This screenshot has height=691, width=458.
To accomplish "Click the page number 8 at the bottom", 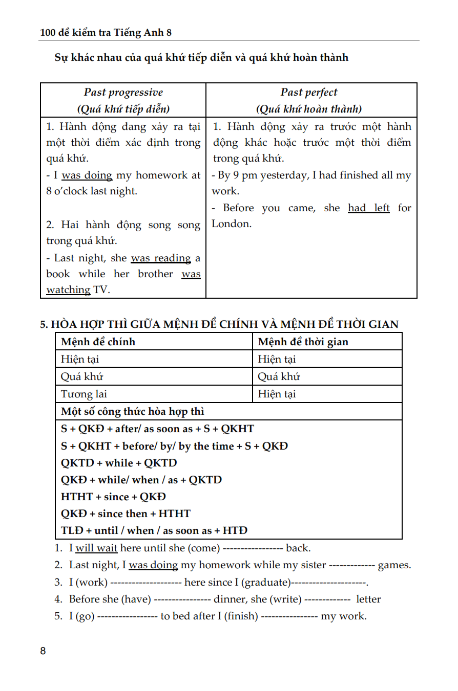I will coord(43,651).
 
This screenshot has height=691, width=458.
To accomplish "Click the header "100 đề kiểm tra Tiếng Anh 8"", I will coord(106,33).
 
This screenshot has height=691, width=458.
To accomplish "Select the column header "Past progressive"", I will coord(123,93).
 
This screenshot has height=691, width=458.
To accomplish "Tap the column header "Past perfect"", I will coord(309,93).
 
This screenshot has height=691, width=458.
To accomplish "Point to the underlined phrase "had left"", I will coord(369,208).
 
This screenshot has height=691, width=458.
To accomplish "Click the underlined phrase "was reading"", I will coord(161,258).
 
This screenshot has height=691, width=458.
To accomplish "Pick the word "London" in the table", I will coord(231,224).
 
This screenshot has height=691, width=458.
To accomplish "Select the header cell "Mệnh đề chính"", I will coord(98,342).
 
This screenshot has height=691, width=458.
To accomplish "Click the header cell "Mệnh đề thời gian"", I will coord(303,342).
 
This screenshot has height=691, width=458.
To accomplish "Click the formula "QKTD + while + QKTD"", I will coord(119,463).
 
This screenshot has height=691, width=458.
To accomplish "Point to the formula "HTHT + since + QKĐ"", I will coord(113,497).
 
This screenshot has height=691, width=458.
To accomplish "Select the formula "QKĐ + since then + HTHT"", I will coord(126,514).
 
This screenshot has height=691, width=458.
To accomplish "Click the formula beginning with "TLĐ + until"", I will coord(154,530).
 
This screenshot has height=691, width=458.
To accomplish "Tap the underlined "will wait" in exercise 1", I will coord(97,548).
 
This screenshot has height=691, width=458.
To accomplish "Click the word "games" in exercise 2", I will coord(394,565).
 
